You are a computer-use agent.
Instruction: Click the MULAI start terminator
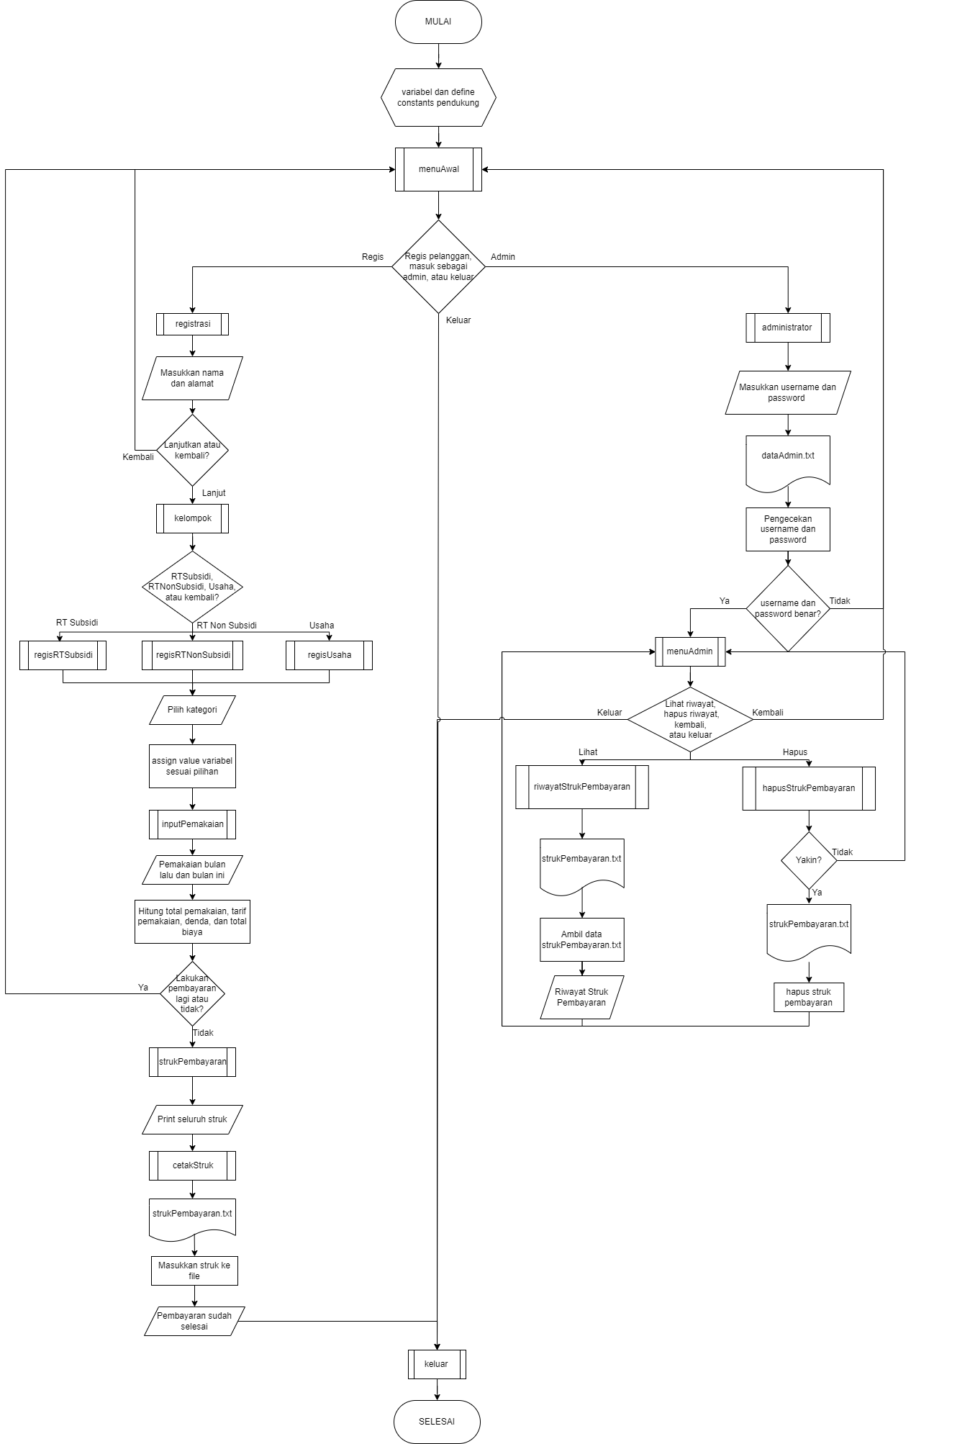coord(438,22)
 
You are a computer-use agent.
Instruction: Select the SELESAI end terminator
coord(437,1422)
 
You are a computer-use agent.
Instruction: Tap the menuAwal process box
coord(438,169)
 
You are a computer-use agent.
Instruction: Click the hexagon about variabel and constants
coord(438,97)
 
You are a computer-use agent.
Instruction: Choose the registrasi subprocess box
coord(192,324)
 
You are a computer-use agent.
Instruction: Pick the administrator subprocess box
coord(787,328)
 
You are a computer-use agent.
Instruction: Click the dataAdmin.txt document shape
coord(788,461)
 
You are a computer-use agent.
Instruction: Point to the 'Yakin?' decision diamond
coord(809,860)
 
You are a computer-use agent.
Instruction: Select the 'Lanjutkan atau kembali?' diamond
coord(192,450)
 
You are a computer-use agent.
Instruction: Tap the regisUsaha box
coord(329,655)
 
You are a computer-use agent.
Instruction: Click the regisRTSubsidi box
coord(63,655)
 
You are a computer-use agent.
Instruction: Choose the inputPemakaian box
coord(192,824)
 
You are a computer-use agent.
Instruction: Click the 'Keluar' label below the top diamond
coord(458,320)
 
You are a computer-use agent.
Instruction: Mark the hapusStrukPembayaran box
coord(809,788)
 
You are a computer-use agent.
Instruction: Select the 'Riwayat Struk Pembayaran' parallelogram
coord(581,997)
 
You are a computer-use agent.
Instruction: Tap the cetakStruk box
coord(192,1165)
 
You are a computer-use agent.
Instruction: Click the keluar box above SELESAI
coord(437,1364)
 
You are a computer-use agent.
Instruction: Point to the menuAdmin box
coord(690,651)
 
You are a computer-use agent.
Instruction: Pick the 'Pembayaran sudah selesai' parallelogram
coord(194,1321)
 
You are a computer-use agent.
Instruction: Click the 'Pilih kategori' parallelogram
coord(192,710)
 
